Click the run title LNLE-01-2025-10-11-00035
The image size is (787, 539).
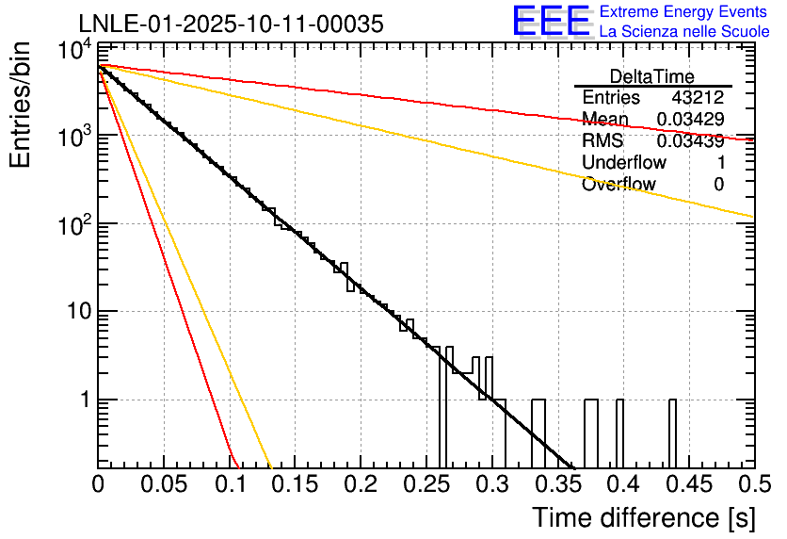click(x=231, y=24)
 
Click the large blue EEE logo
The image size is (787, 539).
click(x=551, y=22)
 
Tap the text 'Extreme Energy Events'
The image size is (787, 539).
click(x=684, y=12)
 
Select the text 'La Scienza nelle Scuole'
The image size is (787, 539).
click(x=684, y=32)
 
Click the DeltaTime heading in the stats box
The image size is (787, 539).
click(x=652, y=76)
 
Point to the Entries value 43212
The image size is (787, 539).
click(x=698, y=98)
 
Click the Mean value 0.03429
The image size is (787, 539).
click(x=690, y=120)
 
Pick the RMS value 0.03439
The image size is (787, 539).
click(x=690, y=141)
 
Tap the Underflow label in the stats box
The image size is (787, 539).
click(x=623, y=163)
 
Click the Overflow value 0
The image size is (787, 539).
click(x=718, y=185)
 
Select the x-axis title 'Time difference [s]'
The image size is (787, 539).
click(x=643, y=517)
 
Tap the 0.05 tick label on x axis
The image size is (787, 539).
click(x=164, y=485)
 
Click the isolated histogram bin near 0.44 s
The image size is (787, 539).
click(x=672, y=433)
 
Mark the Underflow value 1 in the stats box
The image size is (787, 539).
click(x=720, y=163)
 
